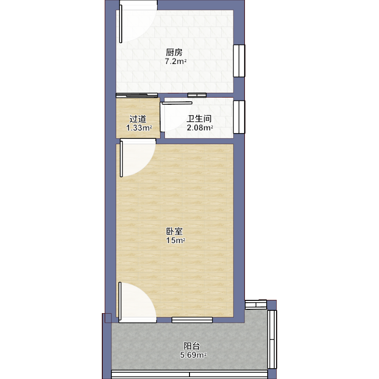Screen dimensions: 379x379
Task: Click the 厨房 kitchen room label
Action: click(x=174, y=52)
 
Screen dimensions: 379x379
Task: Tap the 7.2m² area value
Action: click(x=176, y=61)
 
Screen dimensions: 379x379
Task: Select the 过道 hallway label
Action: click(x=138, y=119)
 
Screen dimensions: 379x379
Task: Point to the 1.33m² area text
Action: click(x=139, y=127)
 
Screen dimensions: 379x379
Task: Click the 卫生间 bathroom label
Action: click(x=199, y=118)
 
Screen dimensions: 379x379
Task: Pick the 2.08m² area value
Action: click(x=199, y=127)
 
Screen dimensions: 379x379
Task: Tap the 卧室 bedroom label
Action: click(x=174, y=231)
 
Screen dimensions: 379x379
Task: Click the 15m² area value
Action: click(x=175, y=240)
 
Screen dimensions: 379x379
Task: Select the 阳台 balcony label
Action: click(x=192, y=346)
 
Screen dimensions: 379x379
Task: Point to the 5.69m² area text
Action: click(x=193, y=355)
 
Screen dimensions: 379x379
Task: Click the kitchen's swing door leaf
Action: click(x=121, y=24)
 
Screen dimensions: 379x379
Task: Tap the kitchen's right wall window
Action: click(x=239, y=61)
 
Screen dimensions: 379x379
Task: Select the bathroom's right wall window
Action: click(x=239, y=117)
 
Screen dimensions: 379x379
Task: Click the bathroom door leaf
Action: click(x=177, y=103)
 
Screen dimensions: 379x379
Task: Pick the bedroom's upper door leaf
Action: click(x=121, y=159)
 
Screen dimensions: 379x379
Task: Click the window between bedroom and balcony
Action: click(x=192, y=320)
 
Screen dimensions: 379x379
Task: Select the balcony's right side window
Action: click(x=272, y=339)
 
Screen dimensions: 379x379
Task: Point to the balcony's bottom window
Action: click(x=189, y=374)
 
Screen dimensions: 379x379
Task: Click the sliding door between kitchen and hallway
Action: click(x=137, y=95)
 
